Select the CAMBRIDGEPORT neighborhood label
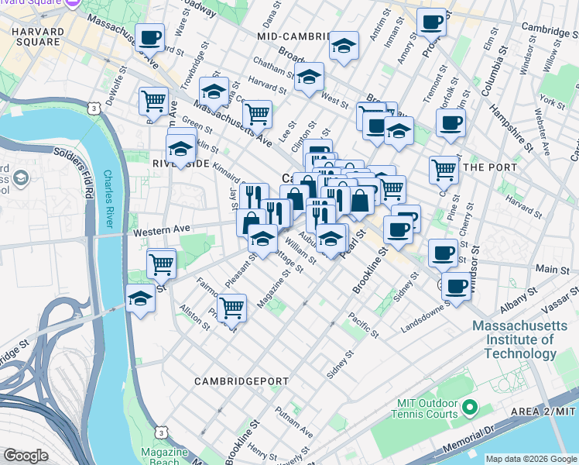231,381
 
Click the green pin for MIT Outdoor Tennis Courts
469,406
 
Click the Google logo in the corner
26,456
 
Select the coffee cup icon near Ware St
149,36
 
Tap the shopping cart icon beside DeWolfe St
154,101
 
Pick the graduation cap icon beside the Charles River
140,298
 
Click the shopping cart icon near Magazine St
231,308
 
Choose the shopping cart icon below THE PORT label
444,170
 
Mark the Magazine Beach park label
162,456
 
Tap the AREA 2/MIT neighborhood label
543,410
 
